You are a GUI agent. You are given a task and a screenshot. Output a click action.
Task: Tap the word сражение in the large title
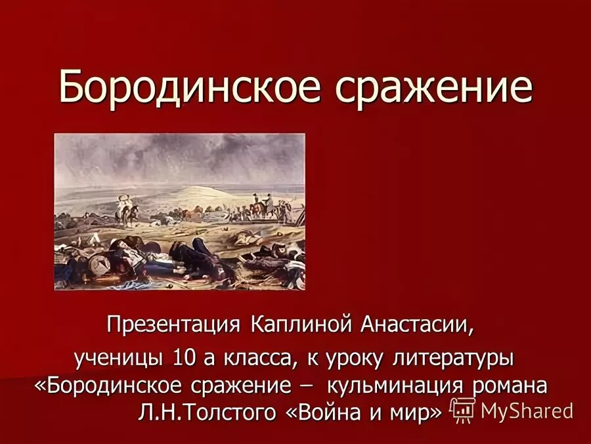tap(434, 87)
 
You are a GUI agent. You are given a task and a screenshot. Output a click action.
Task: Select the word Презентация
tap(174, 324)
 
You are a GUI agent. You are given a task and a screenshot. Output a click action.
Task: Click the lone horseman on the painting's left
tap(124, 210)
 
